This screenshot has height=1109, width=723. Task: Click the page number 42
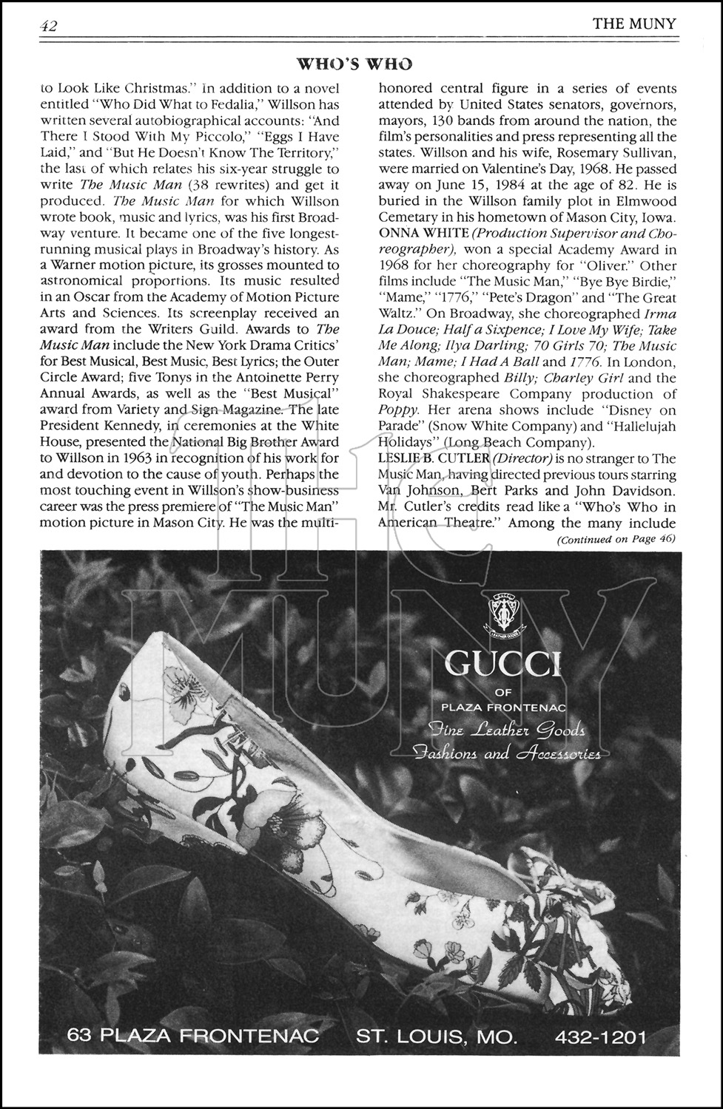coord(50,25)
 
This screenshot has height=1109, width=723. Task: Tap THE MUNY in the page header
coord(634,24)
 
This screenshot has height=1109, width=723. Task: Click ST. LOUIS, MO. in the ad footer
coord(437,1037)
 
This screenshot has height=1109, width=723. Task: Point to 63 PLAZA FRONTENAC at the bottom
coord(192,1036)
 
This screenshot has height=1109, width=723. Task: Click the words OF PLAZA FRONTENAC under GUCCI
coord(504,700)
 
